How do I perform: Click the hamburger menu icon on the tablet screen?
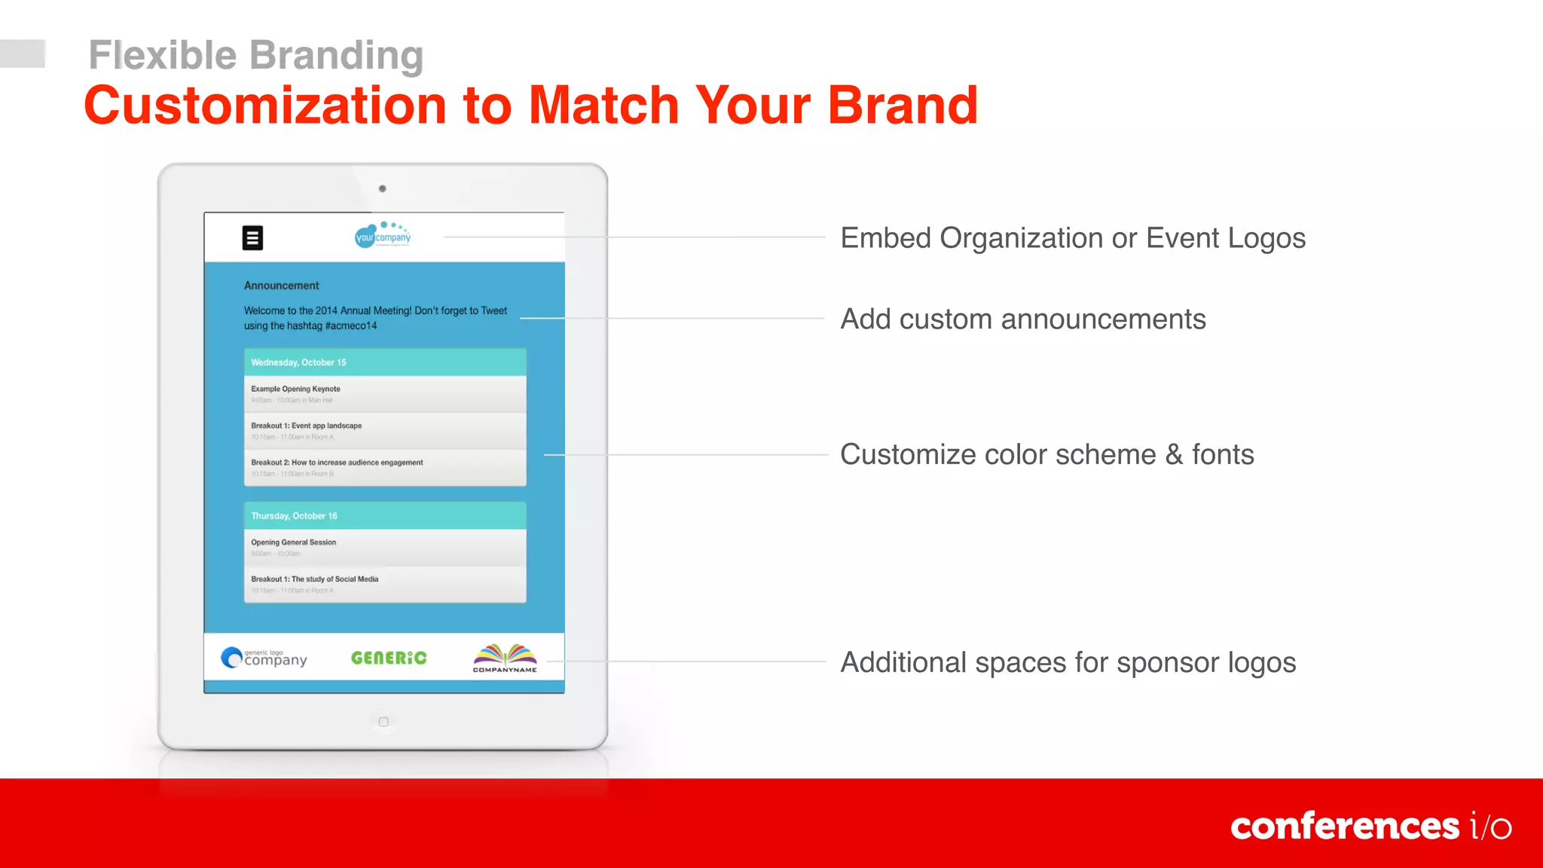click(x=252, y=238)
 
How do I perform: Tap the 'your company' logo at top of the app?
click(x=383, y=236)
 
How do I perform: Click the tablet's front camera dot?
click(x=383, y=189)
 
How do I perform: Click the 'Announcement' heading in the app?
click(x=281, y=286)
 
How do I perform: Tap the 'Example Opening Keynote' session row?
click(x=384, y=394)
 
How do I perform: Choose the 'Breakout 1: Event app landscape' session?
click(x=384, y=431)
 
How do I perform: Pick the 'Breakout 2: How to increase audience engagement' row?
click(x=384, y=468)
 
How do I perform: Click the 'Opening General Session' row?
click(x=384, y=547)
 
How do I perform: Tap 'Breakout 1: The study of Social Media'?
click(x=384, y=584)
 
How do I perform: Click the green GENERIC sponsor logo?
click(x=389, y=658)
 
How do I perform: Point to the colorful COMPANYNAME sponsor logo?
click(x=505, y=658)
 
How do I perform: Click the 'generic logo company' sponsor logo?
click(x=264, y=658)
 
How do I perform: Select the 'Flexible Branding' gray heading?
click(x=256, y=55)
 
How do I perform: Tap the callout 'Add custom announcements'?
click(x=1022, y=319)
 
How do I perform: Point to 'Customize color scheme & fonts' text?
click(x=1046, y=454)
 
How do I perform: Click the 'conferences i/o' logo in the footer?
click(x=1370, y=827)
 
